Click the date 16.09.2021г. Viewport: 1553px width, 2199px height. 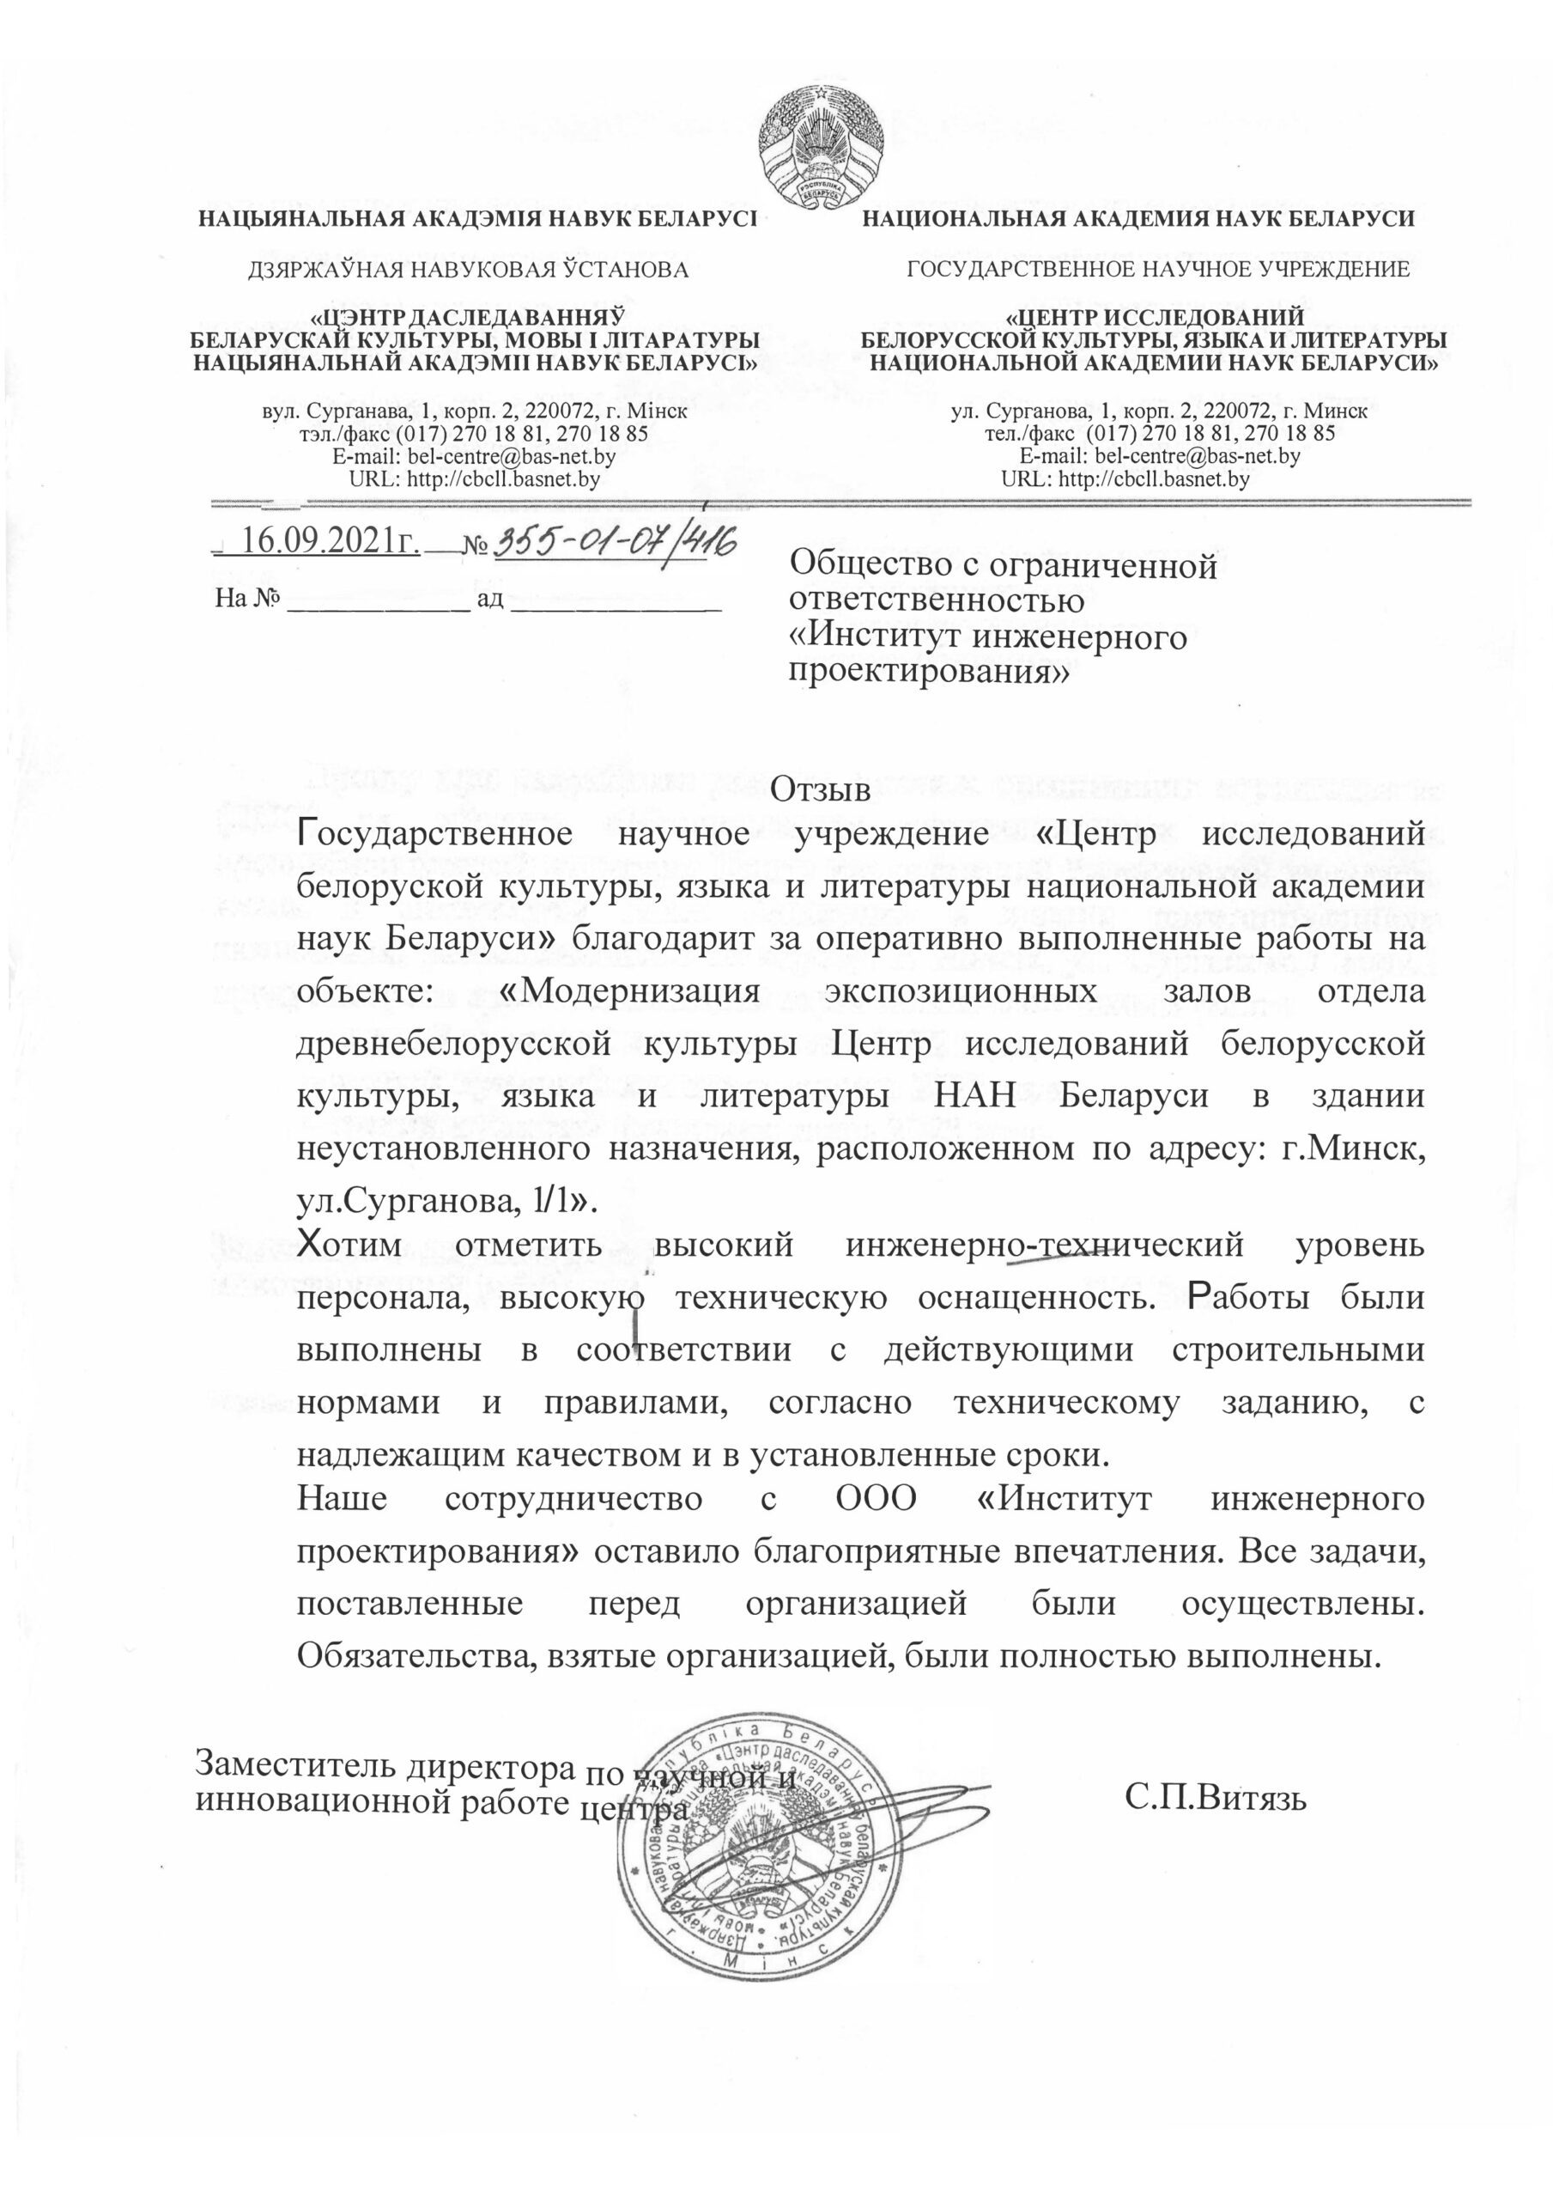coord(330,541)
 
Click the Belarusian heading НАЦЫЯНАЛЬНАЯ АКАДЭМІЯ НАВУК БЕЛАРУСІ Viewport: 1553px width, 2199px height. coord(476,218)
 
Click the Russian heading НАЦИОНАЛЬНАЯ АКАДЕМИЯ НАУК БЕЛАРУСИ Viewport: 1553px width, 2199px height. coord(1138,218)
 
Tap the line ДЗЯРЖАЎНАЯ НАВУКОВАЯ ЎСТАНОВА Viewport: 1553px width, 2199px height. coord(468,270)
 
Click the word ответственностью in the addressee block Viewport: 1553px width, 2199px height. coord(936,601)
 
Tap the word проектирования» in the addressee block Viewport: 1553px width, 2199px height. coord(928,673)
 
